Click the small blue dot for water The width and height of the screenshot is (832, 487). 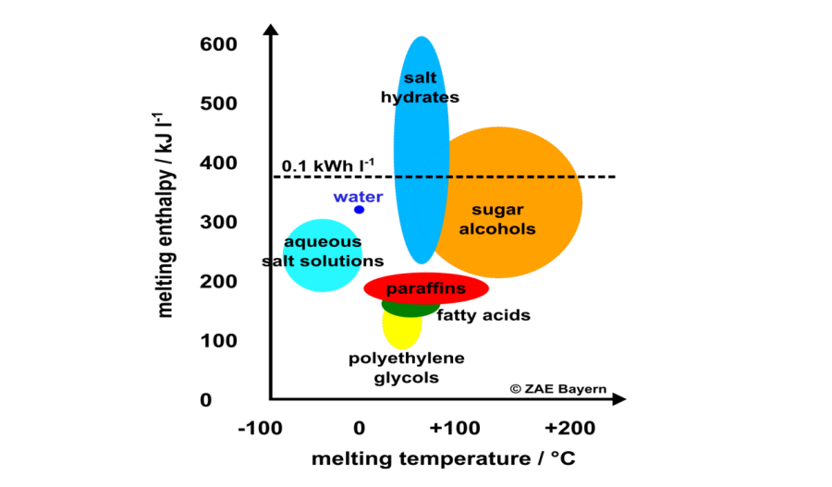359,210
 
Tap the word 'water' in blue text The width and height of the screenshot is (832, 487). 358,197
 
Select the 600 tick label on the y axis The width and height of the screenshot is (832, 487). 218,44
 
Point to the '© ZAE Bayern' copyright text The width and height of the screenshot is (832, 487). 557,389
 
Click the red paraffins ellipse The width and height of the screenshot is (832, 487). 426,288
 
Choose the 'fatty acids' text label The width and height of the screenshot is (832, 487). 483,315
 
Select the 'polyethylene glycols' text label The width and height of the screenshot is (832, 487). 406,368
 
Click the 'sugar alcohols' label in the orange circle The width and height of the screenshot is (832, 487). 497,218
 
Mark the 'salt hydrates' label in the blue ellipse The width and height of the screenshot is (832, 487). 420,88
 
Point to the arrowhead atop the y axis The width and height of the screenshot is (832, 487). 270,30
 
